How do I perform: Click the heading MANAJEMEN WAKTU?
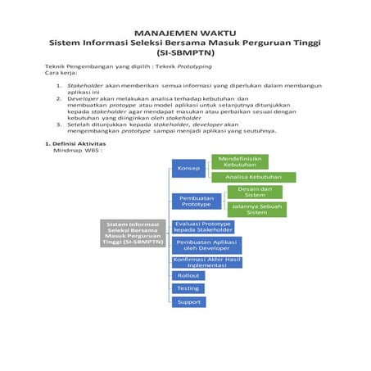[x=185, y=30]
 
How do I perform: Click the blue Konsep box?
[x=188, y=168]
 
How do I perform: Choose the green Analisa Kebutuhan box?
[x=253, y=177]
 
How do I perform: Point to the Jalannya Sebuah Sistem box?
[x=256, y=209]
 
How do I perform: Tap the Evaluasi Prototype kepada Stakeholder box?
[x=203, y=226]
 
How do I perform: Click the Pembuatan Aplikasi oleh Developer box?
[x=206, y=245]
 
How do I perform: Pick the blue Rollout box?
[x=188, y=276]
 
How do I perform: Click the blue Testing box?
[x=188, y=288]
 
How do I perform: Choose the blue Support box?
[x=188, y=302]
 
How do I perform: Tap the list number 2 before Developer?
[x=58, y=97]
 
